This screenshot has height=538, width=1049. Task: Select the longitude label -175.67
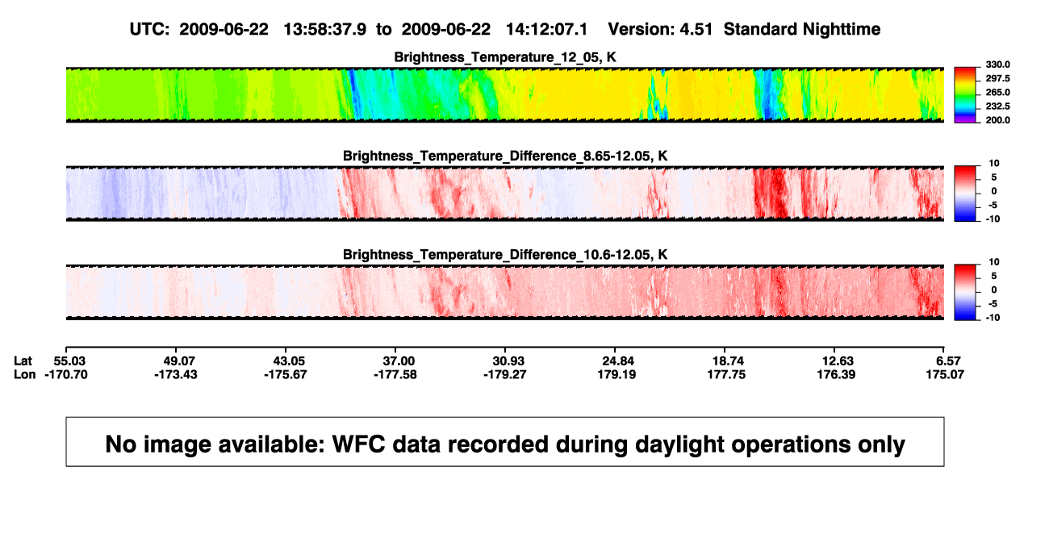coord(285,374)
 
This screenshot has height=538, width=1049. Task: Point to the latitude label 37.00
coord(399,361)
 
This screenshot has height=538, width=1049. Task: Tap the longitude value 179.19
coord(616,374)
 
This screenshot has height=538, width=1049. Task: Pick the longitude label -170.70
coord(66,374)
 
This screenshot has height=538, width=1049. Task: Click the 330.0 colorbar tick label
coord(997,65)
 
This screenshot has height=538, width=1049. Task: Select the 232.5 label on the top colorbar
coord(997,106)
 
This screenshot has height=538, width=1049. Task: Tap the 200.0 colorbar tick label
coord(997,120)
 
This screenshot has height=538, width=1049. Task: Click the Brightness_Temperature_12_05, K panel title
coord(505,57)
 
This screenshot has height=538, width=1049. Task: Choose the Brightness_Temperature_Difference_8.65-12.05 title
coord(505,156)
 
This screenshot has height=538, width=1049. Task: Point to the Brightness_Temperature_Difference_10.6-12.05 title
coord(505,255)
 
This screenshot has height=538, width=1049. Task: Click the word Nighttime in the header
coord(841,29)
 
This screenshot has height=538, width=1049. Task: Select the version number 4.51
coord(696,29)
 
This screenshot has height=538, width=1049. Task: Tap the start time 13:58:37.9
coord(325,29)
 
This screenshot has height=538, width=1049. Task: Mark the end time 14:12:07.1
coord(546,29)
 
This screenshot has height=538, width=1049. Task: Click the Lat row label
coord(23,361)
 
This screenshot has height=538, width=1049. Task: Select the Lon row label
coord(25,374)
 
